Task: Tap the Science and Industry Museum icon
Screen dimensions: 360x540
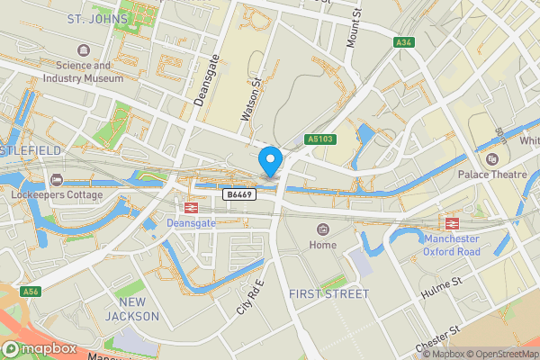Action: tap(84, 49)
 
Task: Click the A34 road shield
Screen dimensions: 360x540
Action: tap(406, 42)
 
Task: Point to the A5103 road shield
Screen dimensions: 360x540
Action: tap(319, 139)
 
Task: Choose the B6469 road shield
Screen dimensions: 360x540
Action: tap(238, 193)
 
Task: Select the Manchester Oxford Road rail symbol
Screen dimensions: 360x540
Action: tap(448, 221)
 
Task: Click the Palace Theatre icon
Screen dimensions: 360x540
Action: tap(491, 158)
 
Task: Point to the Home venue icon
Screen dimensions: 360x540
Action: tap(322, 230)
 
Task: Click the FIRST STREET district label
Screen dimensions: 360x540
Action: tap(328, 294)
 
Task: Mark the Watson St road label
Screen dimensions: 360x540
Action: tap(250, 99)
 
